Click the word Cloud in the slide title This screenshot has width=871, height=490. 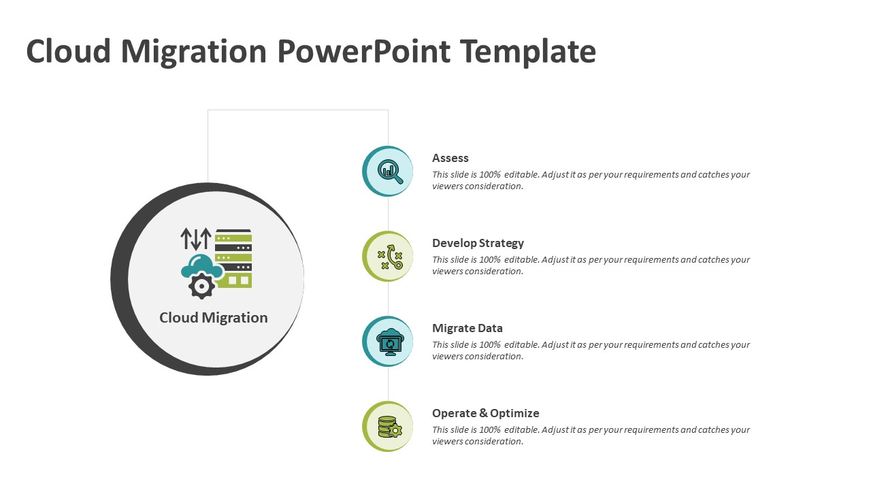68,52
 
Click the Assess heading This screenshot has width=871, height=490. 450,158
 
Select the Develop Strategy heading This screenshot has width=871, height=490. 478,243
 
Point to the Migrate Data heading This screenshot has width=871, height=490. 467,328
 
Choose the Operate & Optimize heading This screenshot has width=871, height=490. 486,413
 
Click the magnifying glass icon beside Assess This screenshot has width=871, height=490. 390,171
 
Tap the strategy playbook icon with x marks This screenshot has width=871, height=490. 390,257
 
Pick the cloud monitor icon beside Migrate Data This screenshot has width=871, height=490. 390,342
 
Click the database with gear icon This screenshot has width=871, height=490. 389,427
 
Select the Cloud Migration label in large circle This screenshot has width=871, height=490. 214,318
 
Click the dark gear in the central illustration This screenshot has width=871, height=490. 201,287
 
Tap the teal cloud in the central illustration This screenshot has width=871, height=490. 201,266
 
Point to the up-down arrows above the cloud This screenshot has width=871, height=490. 196,239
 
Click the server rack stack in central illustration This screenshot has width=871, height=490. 233,257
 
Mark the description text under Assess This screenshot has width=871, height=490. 591,180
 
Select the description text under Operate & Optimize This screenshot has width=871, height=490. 591,436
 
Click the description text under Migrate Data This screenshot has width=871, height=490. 591,350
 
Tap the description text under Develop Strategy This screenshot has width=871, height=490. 591,265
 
